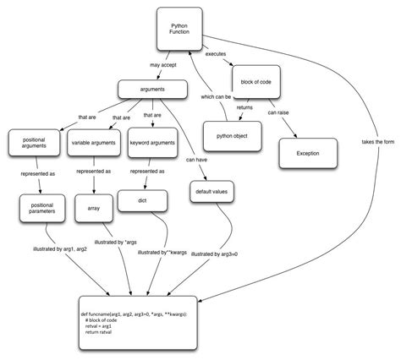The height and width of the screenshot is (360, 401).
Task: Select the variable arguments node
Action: point(91,145)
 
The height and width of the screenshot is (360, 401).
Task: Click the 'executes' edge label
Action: point(216,55)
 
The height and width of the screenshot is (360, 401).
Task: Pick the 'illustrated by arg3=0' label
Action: point(217,253)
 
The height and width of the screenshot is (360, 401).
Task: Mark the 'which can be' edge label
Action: point(215,96)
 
